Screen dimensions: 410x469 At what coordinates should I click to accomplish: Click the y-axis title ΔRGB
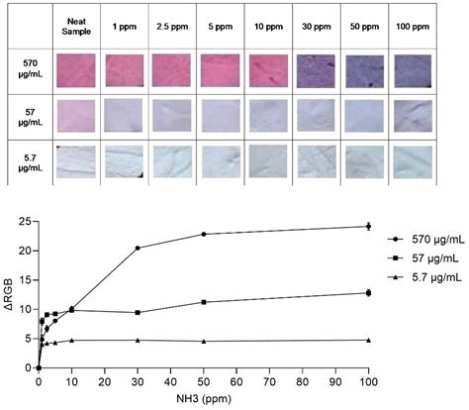tap(10, 295)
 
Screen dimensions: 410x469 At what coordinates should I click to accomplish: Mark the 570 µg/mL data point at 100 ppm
tap(368, 227)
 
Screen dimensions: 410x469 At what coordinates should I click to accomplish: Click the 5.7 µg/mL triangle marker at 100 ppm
tap(368, 340)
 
